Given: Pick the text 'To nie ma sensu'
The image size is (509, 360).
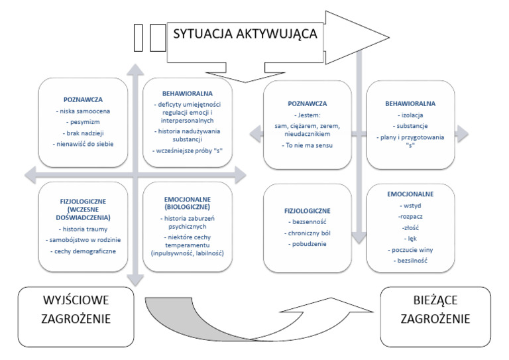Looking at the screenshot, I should pyautogui.click(x=307, y=144).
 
